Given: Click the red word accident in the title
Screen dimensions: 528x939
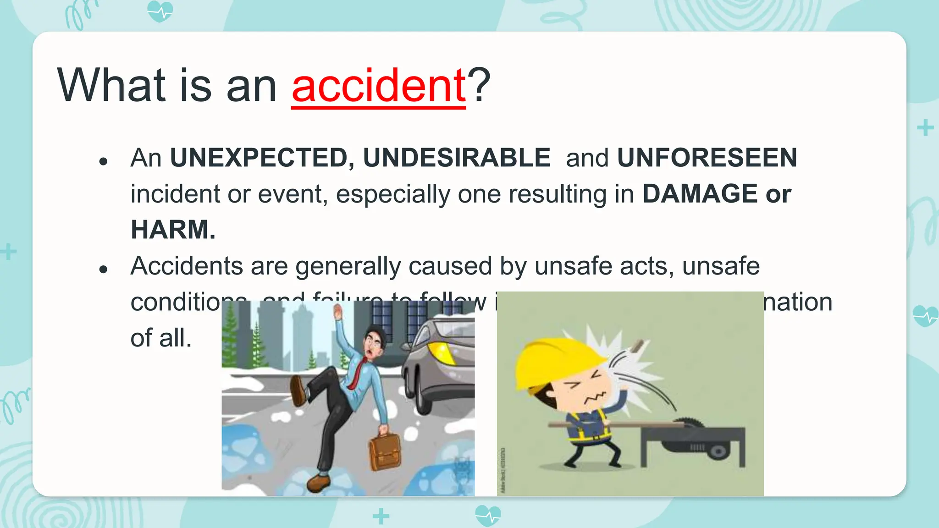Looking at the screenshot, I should coord(379,86).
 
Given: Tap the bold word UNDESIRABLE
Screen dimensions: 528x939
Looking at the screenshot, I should coord(457,158).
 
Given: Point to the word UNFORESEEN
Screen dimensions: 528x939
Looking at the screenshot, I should coord(707,158).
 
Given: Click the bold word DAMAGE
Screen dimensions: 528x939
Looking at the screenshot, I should coord(700,193).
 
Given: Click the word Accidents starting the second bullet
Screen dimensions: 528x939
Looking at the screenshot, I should coord(187,266).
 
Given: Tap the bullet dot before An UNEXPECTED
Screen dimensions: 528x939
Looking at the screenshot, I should coord(103,161).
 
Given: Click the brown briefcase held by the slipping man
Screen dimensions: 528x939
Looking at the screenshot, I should coord(385,451).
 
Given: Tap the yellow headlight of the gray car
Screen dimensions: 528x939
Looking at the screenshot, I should coord(441,352).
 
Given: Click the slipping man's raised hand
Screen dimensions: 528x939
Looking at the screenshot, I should coord(338,314).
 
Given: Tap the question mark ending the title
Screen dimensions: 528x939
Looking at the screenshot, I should coord(479,86).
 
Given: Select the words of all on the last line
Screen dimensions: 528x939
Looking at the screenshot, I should coord(160,338).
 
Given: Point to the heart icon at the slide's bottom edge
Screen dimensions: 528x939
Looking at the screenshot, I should coord(488,515).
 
